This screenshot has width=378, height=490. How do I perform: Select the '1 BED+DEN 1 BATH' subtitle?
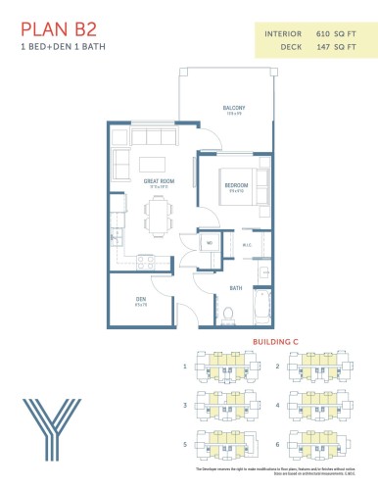click(58, 47)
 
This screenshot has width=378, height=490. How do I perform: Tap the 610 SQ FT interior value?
click(337, 33)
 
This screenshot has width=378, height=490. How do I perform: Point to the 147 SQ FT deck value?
click(337, 46)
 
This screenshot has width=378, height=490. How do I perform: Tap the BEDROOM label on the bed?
click(235, 185)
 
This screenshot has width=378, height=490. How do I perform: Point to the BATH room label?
click(236, 288)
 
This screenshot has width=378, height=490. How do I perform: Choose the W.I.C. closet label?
click(247, 245)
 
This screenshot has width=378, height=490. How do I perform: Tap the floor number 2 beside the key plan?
click(277, 367)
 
